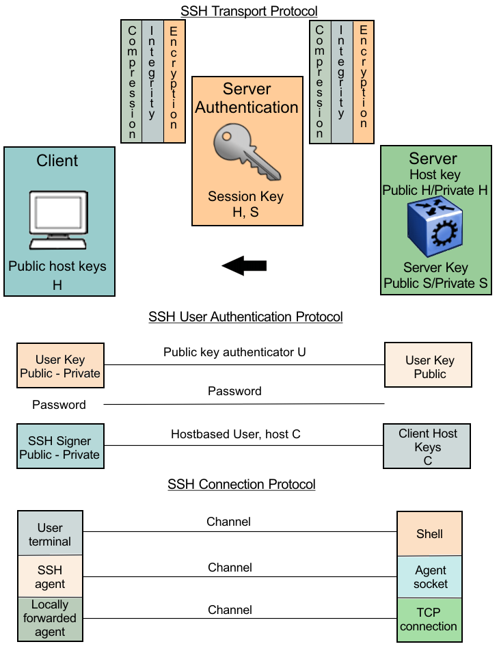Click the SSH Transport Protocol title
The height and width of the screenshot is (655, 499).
tap(249, 11)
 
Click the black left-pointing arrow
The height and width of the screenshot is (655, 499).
tap(244, 266)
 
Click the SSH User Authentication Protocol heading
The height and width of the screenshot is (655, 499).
tap(245, 317)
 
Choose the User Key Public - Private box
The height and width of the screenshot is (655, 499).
tap(60, 366)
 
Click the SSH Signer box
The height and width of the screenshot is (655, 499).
tap(59, 448)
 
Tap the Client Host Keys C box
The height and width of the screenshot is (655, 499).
tap(428, 447)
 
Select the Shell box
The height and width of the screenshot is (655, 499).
tap(429, 533)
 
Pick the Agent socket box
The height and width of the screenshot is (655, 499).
tap(430, 577)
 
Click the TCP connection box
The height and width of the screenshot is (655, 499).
tap(429, 619)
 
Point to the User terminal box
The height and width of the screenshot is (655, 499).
tap(50, 534)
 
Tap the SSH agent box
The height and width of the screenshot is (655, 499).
tap(50, 577)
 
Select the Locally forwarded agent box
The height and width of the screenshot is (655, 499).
tap(50, 619)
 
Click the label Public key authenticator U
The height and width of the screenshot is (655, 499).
tap(234, 353)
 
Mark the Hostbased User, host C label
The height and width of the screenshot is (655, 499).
tap(235, 434)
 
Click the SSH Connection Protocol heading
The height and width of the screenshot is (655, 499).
tap(241, 485)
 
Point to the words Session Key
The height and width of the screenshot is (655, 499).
tap(245, 197)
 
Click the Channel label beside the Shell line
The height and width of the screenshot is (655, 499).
tap(229, 522)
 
